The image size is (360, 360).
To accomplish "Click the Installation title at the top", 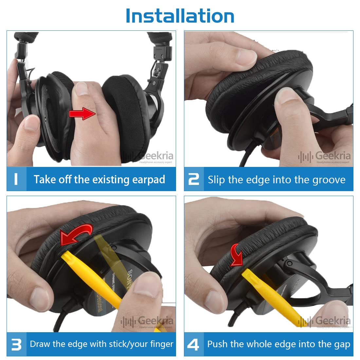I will click(180, 16).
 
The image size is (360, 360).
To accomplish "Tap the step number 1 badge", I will click(16, 179).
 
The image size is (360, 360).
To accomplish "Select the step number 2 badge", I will click(194, 179).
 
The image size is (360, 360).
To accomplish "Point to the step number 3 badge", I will click(16, 344).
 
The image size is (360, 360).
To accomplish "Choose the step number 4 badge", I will click(193, 344).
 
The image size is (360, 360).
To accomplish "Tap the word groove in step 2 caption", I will click(328, 180).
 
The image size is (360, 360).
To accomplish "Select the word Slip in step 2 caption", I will click(216, 180).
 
